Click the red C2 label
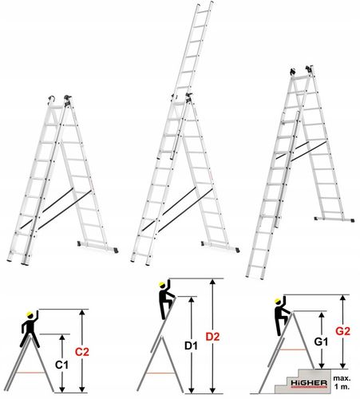82,352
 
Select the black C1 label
61,365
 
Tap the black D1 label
191,346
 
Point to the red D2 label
212,337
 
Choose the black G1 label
321,342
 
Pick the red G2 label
342,331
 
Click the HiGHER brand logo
309,383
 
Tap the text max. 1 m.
342,382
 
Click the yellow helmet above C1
30,314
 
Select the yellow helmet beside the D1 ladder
162,284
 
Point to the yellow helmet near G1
278,301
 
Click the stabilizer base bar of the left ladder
97,246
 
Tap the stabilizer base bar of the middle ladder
220,246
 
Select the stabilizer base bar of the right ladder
334,219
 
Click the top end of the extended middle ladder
205,3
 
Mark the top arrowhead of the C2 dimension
82,312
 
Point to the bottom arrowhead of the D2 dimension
212,389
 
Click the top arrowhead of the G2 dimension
343,298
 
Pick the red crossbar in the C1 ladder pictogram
30,373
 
